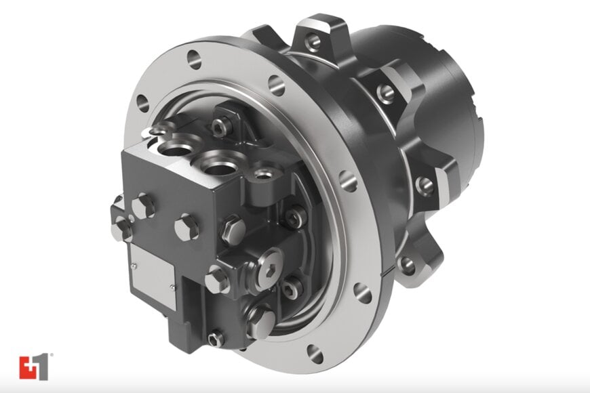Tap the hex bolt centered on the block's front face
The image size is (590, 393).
click(x=186, y=226)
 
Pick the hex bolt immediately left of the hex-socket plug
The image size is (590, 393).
click(x=216, y=278)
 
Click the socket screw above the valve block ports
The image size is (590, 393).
click(x=219, y=127)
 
